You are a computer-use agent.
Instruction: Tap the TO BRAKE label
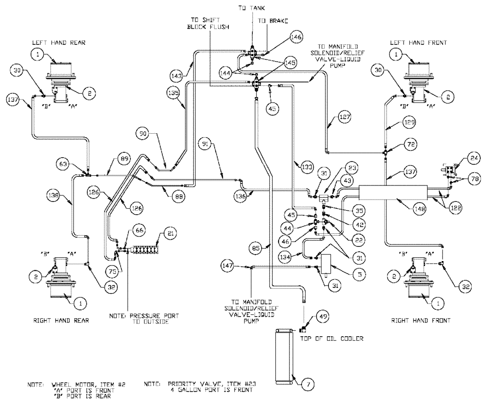pyautogui.click(x=273, y=21)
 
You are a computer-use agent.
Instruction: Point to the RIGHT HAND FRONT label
pyautogui.click(x=421, y=321)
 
